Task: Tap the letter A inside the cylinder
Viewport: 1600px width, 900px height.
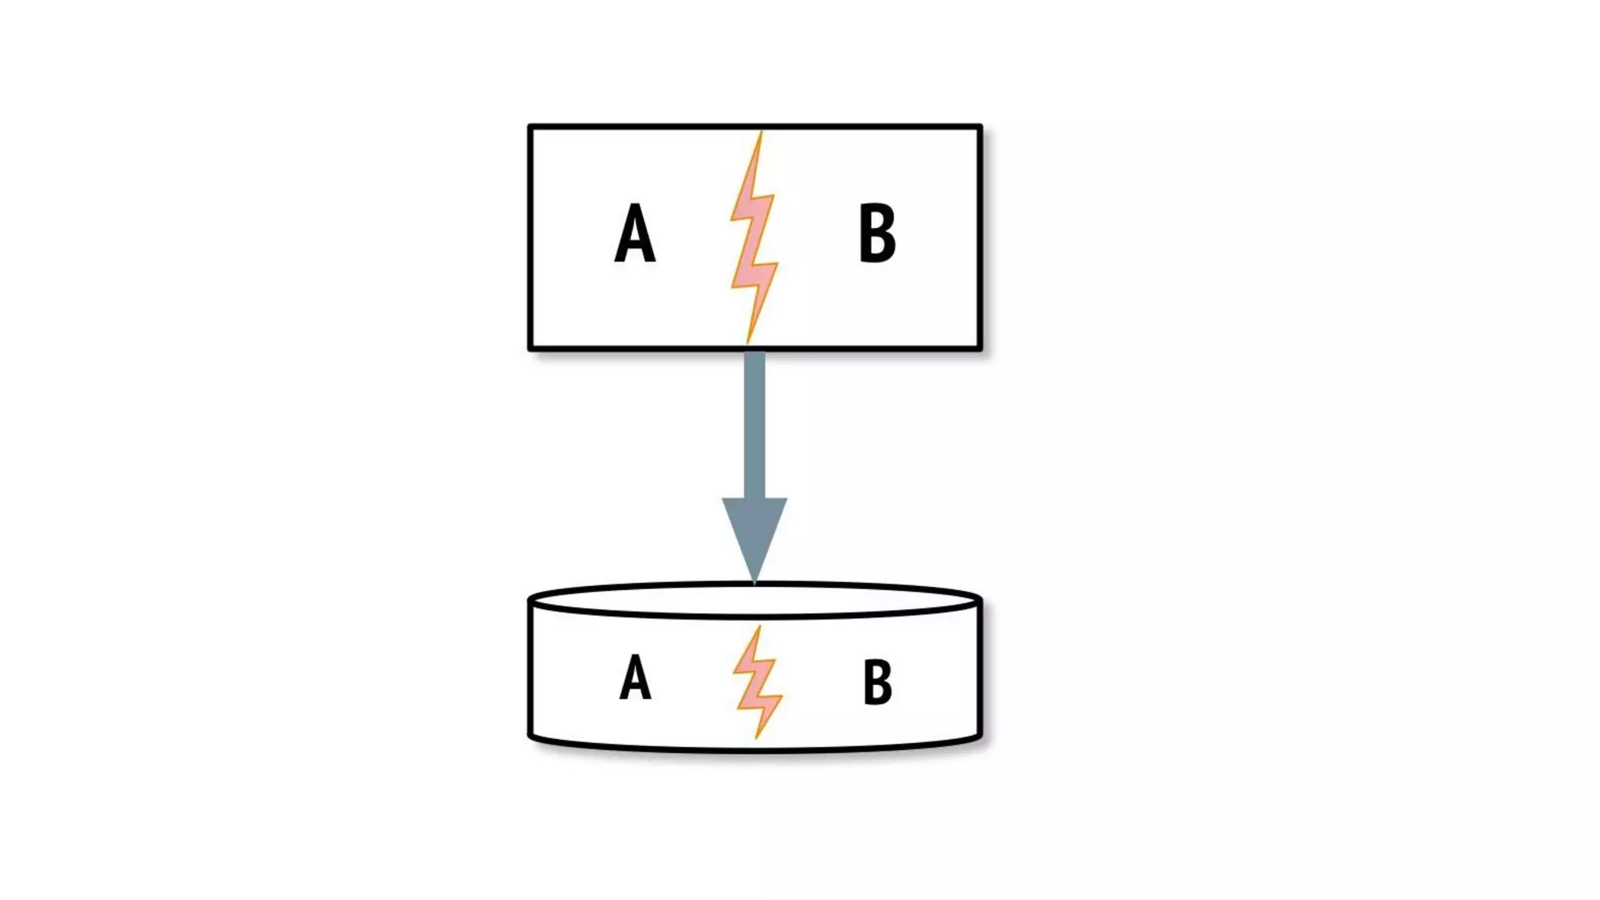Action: tap(634, 677)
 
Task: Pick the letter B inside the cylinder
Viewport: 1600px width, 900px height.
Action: tap(877, 682)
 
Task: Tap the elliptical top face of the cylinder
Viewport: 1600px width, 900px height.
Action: tap(755, 601)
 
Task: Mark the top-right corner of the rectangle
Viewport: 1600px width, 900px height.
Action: tap(980, 127)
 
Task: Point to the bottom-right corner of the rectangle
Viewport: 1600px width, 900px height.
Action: tap(980, 348)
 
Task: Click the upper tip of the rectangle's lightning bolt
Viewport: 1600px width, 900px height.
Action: tap(762, 131)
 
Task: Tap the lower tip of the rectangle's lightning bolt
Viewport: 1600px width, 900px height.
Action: tap(748, 342)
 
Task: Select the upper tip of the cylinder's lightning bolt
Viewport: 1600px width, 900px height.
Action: tap(759, 627)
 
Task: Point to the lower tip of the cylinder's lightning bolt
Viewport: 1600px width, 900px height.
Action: tap(756, 737)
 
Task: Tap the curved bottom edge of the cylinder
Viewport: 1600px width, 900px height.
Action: tap(755, 750)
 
